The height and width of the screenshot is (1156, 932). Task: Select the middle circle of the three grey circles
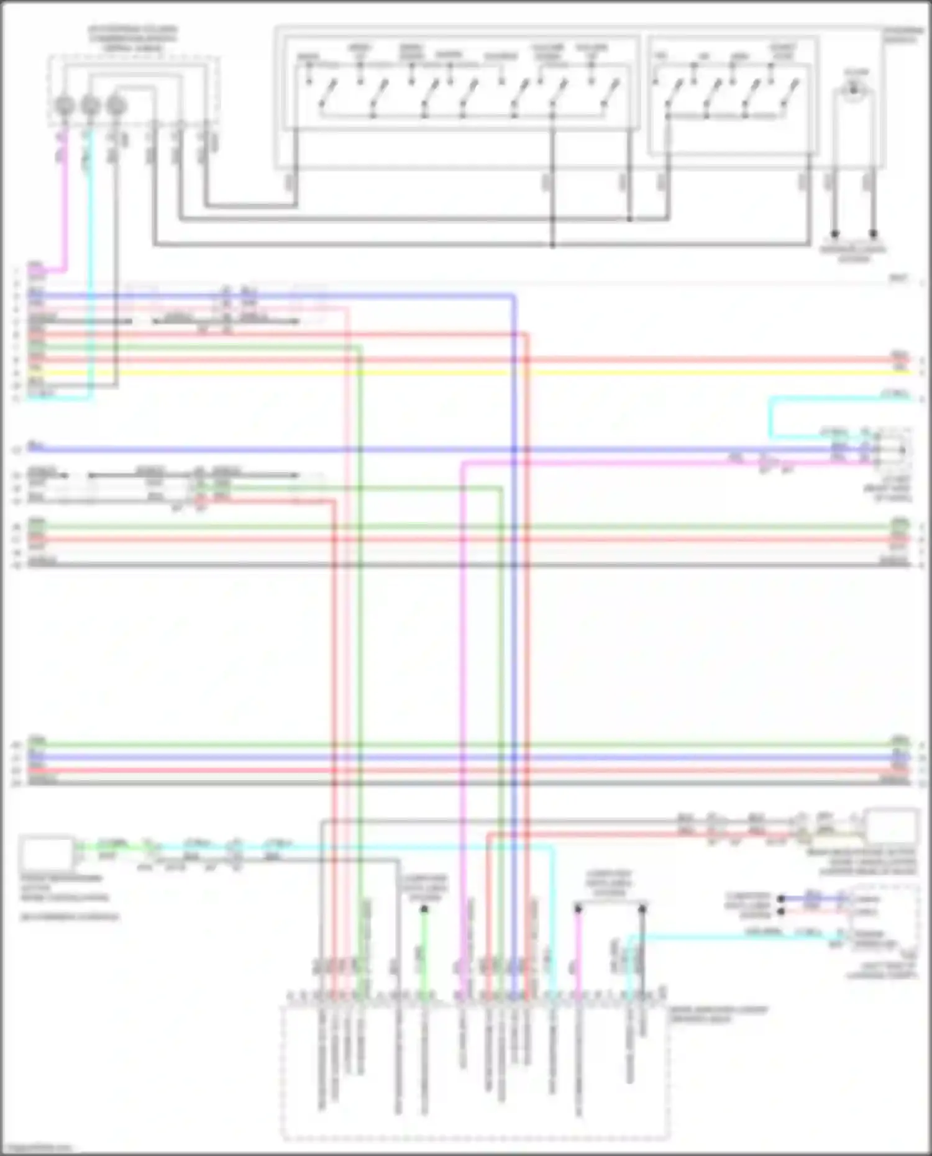coord(90,106)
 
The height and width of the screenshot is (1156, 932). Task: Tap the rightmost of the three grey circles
coord(116,106)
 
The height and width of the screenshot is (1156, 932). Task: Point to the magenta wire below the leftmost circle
coord(65,205)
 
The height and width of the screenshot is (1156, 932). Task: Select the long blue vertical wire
coord(514,621)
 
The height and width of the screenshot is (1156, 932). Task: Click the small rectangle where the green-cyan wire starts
coord(47,852)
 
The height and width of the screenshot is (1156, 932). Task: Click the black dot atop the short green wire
coord(424,909)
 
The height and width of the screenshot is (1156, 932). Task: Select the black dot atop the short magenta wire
coord(578,909)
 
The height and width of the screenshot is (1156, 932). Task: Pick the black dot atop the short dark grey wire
coord(642,909)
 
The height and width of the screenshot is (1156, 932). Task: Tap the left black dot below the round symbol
coord(835,234)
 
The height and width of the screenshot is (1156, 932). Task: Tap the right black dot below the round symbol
coord(874,234)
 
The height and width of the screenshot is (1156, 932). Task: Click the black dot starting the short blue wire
coord(781,898)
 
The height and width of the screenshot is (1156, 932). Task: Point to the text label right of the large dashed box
coord(718,1014)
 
